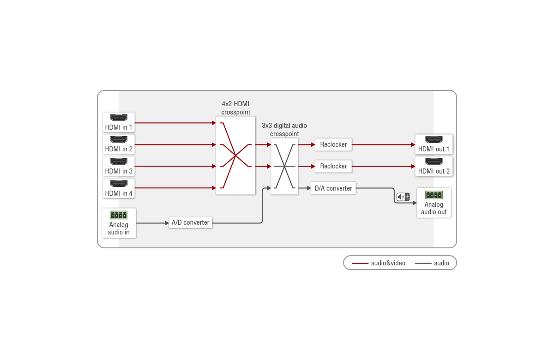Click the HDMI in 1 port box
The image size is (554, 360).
coord(119,122)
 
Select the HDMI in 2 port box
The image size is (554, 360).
coord(119,144)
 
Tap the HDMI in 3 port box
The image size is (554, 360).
coord(119,166)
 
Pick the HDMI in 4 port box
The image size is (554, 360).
coord(119,188)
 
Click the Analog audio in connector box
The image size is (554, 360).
coord(119,223)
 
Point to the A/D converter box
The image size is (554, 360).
coord(190,222)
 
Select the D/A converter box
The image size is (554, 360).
coord(333,188)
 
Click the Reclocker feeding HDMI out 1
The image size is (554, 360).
coord(333,144)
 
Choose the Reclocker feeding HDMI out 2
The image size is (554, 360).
coord(333,166)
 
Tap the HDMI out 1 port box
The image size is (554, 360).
coord(434,144)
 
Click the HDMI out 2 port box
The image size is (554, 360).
coord(434,166)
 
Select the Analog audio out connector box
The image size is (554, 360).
coord(434,203)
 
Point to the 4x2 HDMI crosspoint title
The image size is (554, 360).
coord(235,108)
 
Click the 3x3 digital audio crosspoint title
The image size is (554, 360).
coord(284,130)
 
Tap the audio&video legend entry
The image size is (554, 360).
coord(379,263)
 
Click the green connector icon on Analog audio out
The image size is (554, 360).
coord(434,194)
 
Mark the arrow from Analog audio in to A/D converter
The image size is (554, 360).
coord(152,223)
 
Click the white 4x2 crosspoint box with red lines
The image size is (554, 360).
coord(235,156)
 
